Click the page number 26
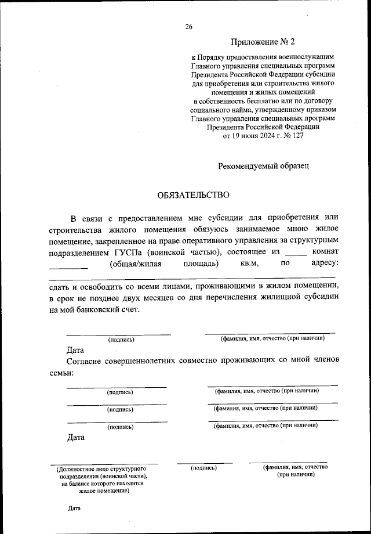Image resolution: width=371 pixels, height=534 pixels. click(x=189, y=27)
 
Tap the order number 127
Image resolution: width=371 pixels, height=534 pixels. click(x=296, y=135)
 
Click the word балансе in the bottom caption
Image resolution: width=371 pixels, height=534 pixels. click(x=78, y=483)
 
